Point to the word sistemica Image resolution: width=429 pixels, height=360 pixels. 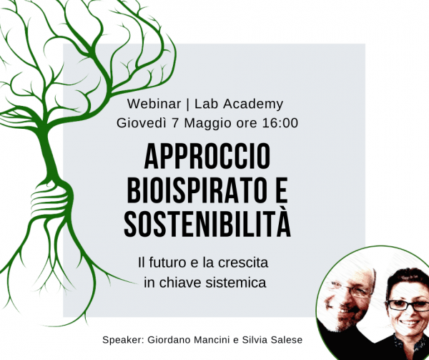coord(236,283)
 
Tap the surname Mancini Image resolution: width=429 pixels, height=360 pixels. coord(210,340)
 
